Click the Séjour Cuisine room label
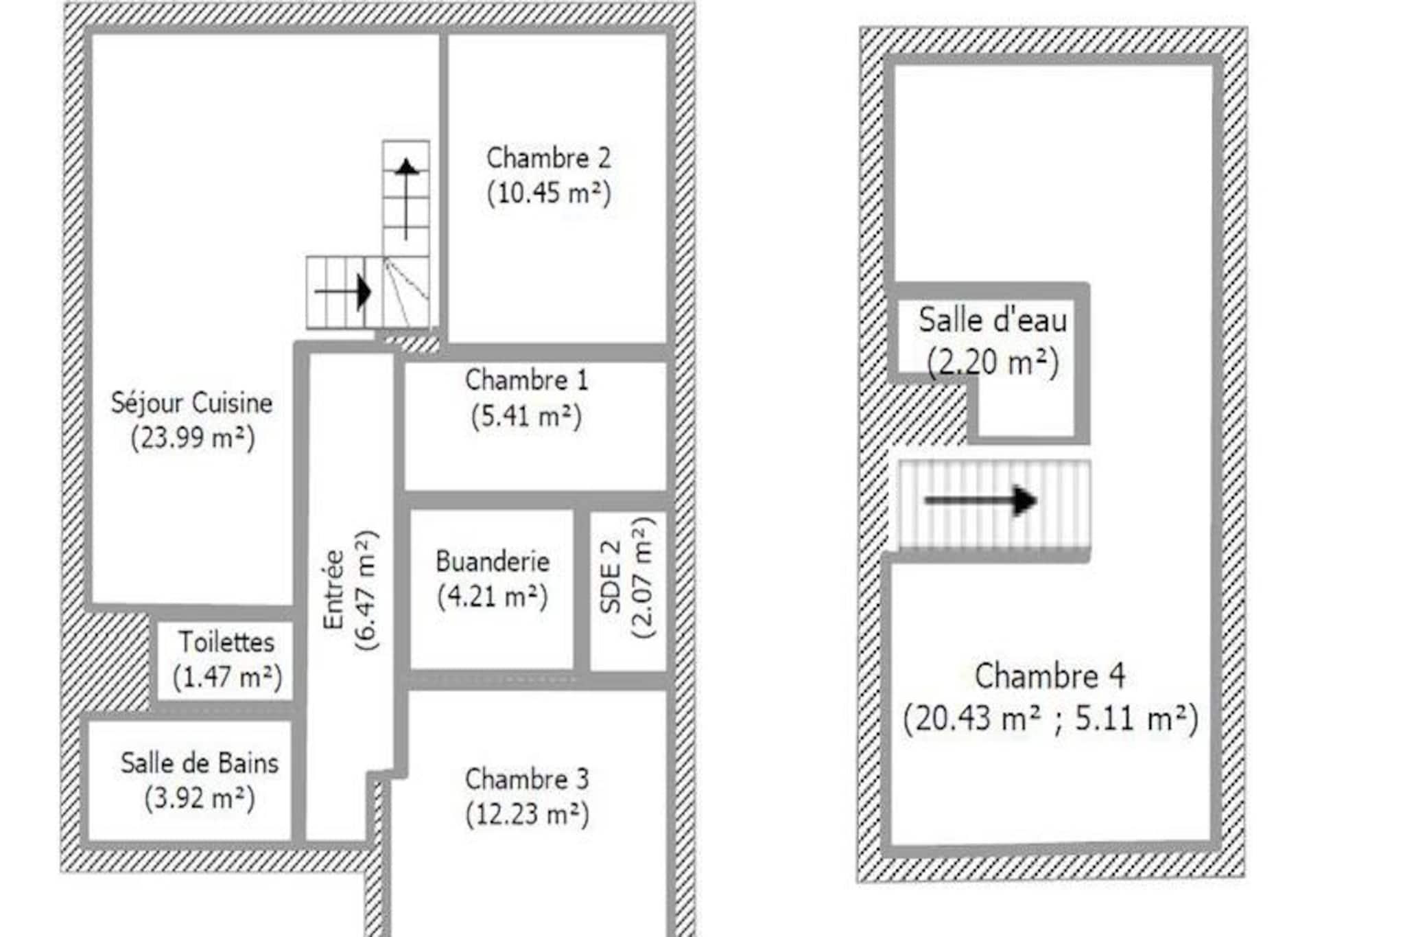[192, 403]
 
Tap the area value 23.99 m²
[193, 438]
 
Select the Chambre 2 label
[548, 158]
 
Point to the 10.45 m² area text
[548, 194]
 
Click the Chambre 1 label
[527, 380]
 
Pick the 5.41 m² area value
[526, 416]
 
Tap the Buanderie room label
[493, 562]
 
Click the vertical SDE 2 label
[611, 577]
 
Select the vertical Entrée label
[333, 589]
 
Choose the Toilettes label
[226, 643]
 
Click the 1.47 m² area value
[227, 678]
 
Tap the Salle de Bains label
[200, 763]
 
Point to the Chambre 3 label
[527, 779]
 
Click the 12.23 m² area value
[527, 815]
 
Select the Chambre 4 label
[1050, 676]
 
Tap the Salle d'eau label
[993, 321]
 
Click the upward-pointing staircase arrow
[406, 199]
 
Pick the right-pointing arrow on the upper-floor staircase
[980, 500]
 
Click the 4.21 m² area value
[493, 597]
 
